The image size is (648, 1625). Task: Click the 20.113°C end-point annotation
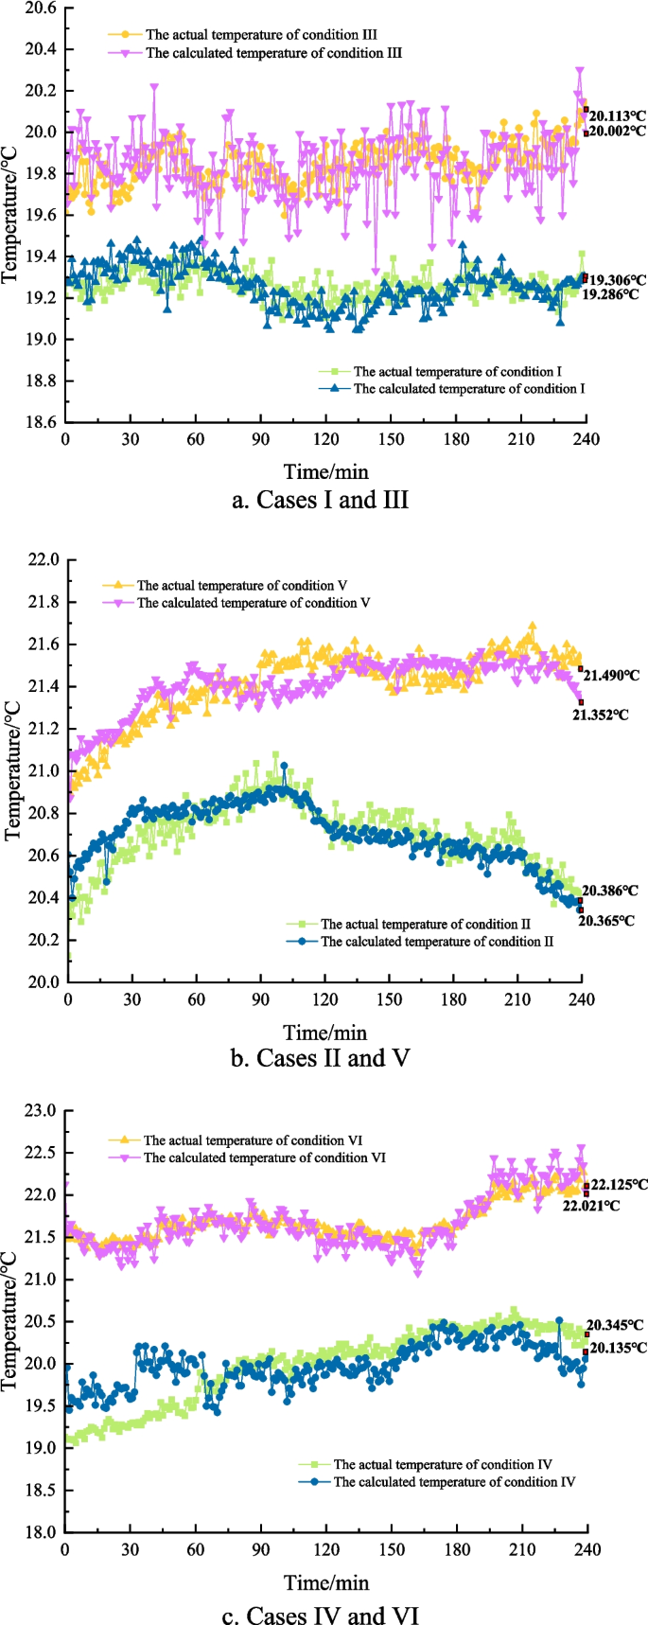pos(617,116)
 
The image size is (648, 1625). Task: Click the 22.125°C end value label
pos(619,1184)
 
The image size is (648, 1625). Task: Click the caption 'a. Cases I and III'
pos(320,500)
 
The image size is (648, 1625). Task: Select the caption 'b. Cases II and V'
pos(320,1057)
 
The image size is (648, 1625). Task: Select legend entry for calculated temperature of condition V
pos(253,603)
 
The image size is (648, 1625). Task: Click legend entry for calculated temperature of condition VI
pos(264,1157)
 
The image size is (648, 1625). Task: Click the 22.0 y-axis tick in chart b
pos(43,560)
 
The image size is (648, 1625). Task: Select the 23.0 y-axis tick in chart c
pos(41,1110)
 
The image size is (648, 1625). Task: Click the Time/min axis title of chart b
pos(325,1032)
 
